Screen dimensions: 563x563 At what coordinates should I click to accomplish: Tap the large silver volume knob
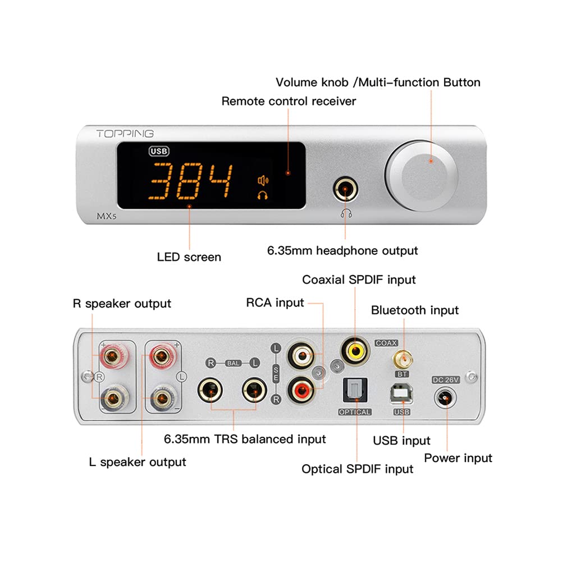pyautogui.click(x=421, y=168)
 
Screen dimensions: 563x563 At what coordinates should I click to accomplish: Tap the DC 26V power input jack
pyautogui.click(x=445, y=399)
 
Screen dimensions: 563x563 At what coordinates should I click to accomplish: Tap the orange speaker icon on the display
pyautogui.click(x=262, y=180)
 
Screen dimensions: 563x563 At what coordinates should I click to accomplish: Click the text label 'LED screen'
pyautogui.click(x=189, y=258)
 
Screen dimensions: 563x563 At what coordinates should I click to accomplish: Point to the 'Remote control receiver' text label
pyautogui.click(x=289, y=101)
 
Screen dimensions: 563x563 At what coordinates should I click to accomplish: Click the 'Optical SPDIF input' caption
pyautogui.click(x=358, y=469)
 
